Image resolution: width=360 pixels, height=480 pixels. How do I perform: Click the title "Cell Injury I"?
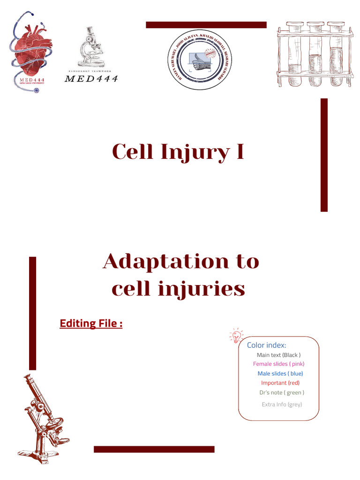click(178, 152)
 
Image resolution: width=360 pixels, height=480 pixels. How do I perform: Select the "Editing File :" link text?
click(91, 323)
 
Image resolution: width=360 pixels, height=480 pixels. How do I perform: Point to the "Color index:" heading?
click(266, 345)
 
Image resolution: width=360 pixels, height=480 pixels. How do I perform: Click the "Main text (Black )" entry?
click(278, 355)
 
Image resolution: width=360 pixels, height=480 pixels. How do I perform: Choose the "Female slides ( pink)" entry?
click(278, 364)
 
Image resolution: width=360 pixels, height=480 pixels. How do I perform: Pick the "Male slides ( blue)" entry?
click(280, 374)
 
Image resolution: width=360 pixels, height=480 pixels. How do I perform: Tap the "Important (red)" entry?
click(280, 383)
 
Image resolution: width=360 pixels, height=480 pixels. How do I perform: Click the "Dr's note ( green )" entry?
click(281, 393)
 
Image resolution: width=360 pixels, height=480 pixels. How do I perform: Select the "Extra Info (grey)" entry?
click(282, 404)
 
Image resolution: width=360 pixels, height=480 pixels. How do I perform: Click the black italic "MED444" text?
click(91, 79)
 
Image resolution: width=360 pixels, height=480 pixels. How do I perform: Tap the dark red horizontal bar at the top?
click(206, 25)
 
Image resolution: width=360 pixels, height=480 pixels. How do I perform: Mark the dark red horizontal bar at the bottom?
click(154, 449)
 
